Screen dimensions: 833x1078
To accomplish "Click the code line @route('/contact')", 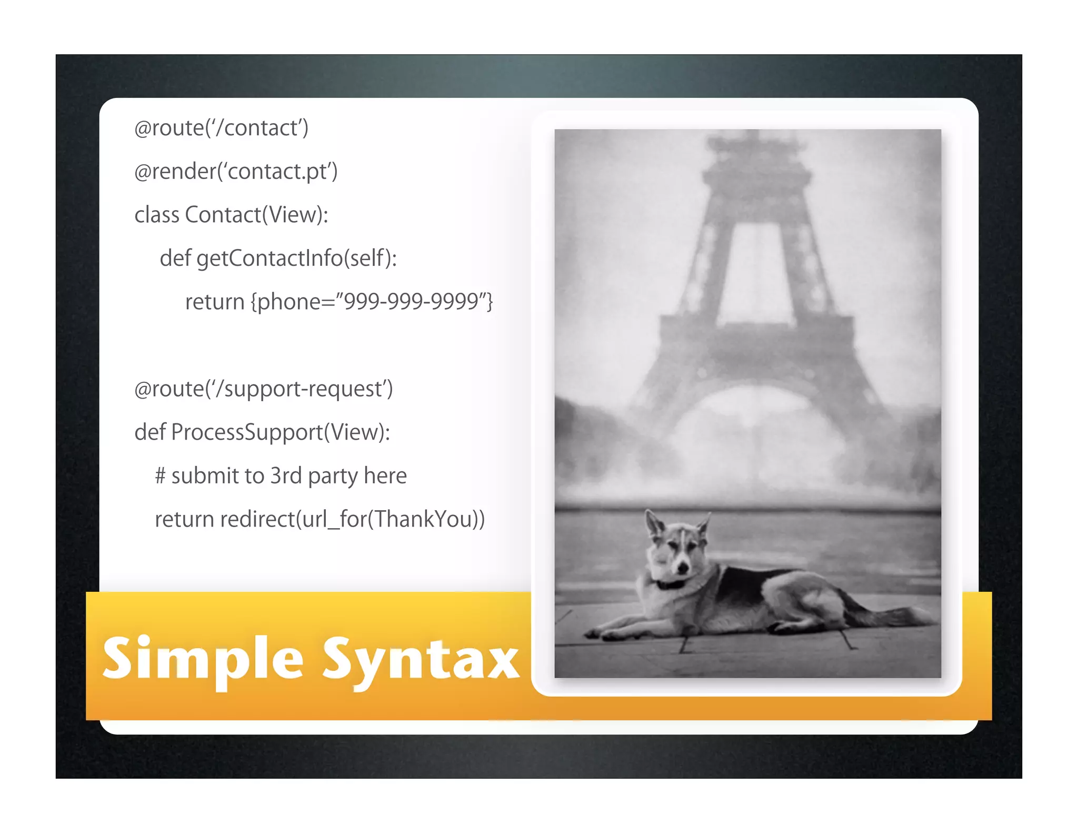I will [221, 128].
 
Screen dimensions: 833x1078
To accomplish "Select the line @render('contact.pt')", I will [236, 172].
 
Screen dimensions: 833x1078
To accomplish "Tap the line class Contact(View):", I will [231, 215].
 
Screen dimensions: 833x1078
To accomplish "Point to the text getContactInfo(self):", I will [296, 259].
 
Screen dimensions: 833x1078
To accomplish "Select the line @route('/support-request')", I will [263, 389].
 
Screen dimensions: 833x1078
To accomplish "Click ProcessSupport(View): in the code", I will [280, 432].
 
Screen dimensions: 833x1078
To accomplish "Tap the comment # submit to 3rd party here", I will [281, 476].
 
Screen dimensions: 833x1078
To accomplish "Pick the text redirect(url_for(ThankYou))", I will [352, 519].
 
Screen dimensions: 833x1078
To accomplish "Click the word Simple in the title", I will [203, 658].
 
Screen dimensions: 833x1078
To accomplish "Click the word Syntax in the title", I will [420, 658].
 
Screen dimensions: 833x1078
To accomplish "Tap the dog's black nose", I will [683, 568].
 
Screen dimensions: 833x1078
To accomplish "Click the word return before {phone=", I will [215, 302].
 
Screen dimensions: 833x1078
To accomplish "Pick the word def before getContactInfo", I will [175, 259].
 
